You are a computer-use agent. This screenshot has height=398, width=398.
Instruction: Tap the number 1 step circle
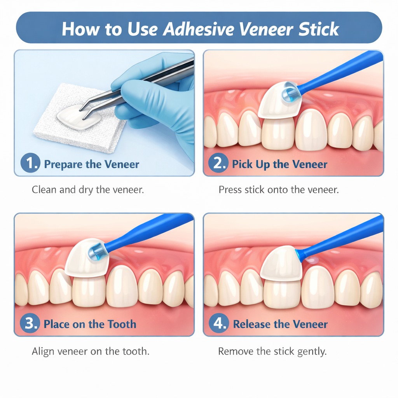[30, 164]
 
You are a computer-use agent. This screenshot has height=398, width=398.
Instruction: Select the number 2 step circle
[220, 164]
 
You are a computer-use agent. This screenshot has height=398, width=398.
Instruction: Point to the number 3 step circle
[30, 324]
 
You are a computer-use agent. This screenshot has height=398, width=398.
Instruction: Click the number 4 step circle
[220, 324]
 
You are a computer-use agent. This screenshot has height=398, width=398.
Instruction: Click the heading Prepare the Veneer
[91, 164]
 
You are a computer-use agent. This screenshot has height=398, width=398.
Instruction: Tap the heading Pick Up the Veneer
[279, 164]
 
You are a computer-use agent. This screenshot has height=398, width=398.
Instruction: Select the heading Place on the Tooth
[90, 324]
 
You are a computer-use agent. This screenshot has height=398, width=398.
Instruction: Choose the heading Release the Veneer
[280, 324]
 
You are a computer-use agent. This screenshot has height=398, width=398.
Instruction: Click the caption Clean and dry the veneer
[88, 190]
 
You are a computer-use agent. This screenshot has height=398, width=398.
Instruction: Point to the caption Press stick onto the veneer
[279, 190]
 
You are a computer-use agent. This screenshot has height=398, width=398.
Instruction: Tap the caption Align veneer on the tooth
[91, 352]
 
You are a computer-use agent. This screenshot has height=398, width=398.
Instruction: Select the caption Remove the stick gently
[272, 352]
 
